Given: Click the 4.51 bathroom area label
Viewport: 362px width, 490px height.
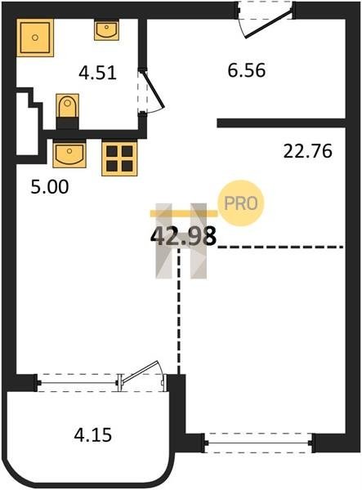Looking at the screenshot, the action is pos(97,73).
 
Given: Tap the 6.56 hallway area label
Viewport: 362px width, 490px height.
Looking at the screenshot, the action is pos(247,70).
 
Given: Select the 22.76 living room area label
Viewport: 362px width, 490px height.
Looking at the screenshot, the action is pos(307,151).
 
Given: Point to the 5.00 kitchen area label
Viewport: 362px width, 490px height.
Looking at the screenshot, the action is pos(50,187).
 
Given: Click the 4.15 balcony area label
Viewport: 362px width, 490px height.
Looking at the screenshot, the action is pos(93,434).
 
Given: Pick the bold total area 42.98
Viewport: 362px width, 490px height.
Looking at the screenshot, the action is pos(184,236).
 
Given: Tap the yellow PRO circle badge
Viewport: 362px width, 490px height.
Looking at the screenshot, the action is pos(241,203).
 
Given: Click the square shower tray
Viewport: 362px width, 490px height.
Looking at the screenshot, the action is pos(35,38).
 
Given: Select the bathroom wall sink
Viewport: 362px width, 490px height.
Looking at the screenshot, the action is pos(106,29).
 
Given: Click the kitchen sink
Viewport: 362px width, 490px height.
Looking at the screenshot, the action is pos(69,154).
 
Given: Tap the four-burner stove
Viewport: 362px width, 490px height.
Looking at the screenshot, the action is pos(119,158).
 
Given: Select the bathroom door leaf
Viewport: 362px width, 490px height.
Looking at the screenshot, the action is pos(152,88).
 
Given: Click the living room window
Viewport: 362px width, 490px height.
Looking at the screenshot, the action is pos(258,443).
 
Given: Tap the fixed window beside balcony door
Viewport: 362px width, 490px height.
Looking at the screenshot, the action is pos(78,383).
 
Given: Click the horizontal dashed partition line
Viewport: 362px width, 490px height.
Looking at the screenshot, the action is pos(281,247).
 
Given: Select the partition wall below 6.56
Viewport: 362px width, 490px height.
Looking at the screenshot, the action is pos(281,122).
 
